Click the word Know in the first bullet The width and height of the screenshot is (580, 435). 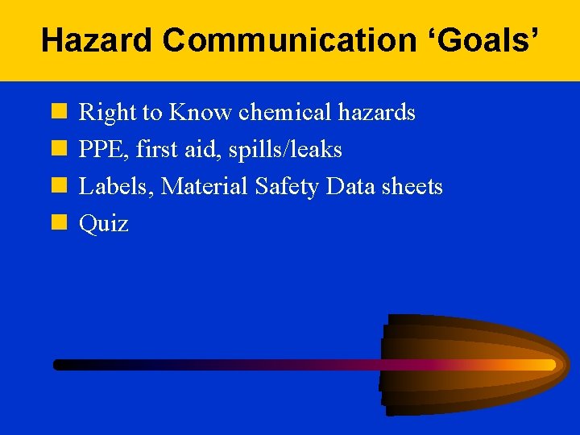point(201,113)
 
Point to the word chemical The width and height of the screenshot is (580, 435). point(287,113)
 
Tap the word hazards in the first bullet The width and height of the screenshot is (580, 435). point(378,113)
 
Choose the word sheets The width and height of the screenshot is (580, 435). point(412,187)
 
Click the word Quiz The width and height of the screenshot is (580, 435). point(103,224)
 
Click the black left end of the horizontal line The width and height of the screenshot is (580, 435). point(60,365)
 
